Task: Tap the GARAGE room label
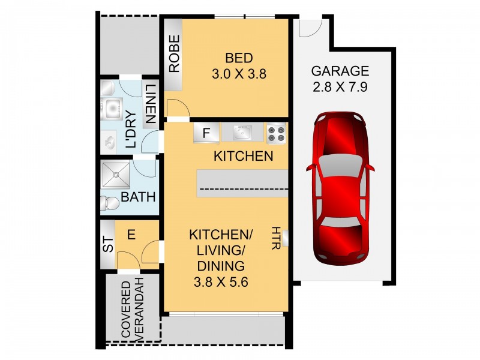[x=339, y=71]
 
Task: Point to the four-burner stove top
[x=277, y=133]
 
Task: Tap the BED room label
[x=239, y=58]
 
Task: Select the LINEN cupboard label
[x=150, y=103]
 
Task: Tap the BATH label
[x=139, y=197]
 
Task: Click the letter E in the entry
[x=131, y=235]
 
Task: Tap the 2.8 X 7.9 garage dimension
[x=339, y=86]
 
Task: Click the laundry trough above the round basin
[x=112, y=109]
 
